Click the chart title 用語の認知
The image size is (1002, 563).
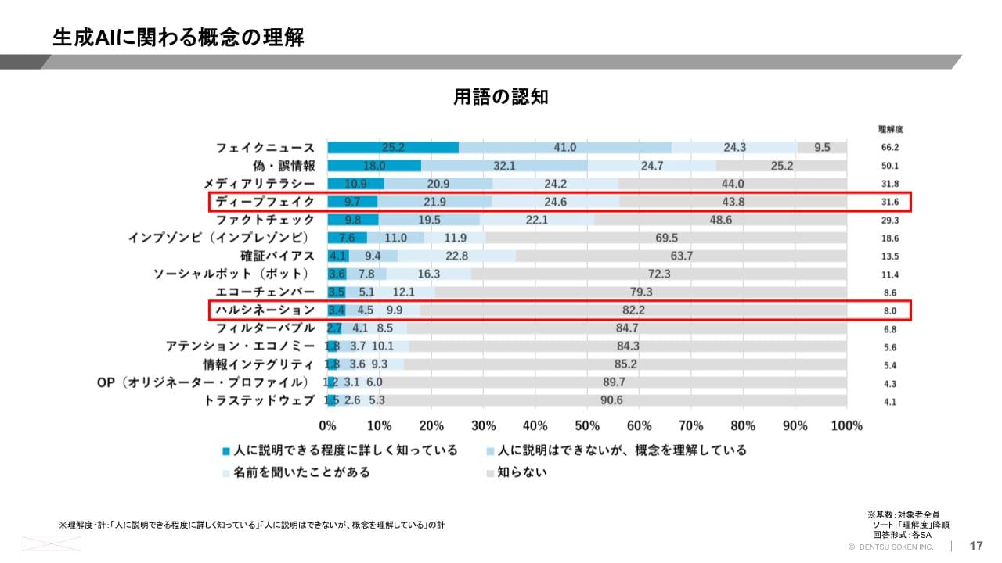(x=501, y=97)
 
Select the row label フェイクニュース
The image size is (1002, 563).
(x=265, y=148)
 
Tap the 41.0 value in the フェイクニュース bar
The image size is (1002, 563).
(x=564, y=148)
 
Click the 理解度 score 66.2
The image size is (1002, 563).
(x=889, y=148)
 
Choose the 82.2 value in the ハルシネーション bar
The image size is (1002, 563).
(x=634, y=310)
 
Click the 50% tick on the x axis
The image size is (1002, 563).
(x=587, y=425)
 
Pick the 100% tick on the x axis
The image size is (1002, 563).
(x=846, y=425)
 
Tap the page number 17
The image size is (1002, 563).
(x=976, y=547)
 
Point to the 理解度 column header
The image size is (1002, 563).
(x=890, y=129)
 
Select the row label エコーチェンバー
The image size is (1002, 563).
(x=265, y=292)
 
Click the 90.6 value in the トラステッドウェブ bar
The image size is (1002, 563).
(x=611, y=400)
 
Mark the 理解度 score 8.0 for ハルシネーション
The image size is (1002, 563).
(x=889, y=311)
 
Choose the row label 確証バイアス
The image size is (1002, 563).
(x=277, y=256)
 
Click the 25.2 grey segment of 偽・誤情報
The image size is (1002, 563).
(x=781, y=166)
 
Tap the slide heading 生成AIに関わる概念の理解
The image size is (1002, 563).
(x=178, y=38)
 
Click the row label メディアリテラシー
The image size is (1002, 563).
(x=259, y=184)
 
